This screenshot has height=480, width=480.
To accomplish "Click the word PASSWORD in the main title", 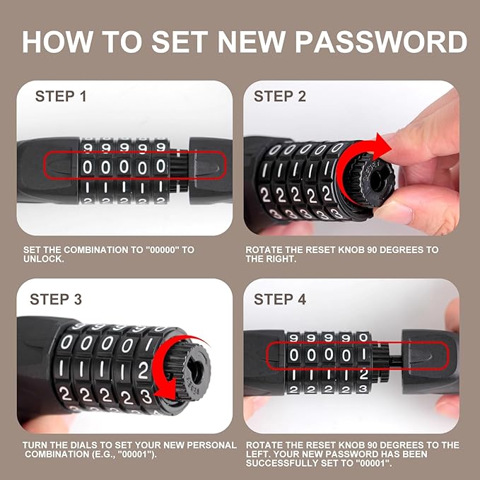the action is [x=381, y=42].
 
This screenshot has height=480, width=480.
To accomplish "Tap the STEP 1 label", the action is [x=61, y=96].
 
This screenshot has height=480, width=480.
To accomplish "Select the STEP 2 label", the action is [x=280, y=96].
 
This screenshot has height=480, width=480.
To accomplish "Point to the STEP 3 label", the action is [x=56, y=300].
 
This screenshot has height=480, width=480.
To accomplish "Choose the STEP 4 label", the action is [x=280, y=300].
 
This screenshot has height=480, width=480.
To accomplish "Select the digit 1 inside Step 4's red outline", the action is [x=363, y=354].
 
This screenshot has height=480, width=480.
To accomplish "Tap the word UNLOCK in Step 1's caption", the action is [x=42, y=259].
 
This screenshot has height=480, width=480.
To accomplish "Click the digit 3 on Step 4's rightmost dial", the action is [x=363, y=389].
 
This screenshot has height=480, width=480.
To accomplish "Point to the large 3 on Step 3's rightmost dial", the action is [x=146, y=396].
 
